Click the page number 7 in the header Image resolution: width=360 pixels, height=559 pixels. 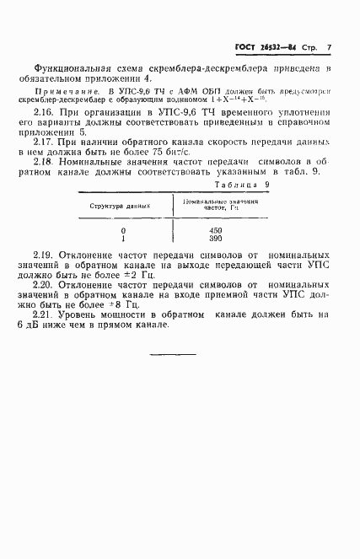tap(329, 47)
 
